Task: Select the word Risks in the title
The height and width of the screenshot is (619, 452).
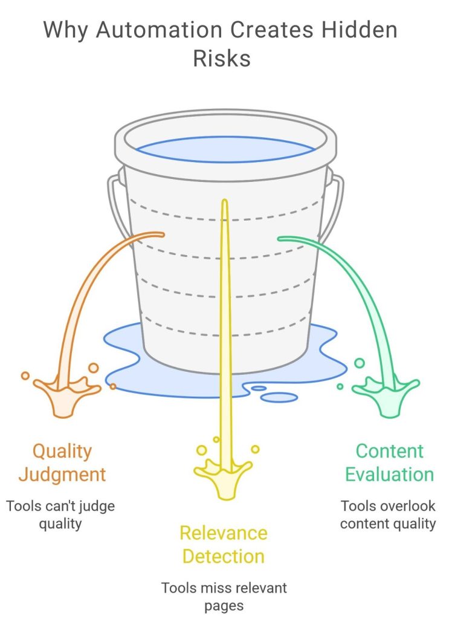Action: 222,59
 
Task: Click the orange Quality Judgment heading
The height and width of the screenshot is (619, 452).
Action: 62,462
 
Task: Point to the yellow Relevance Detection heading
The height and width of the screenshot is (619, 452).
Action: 223,545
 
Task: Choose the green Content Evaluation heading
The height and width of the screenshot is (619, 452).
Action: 389,462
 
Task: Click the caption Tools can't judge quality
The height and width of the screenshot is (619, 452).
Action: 60,514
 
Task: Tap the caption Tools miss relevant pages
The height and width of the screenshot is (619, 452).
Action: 223,596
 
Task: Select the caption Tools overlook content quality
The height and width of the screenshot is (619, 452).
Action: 387,514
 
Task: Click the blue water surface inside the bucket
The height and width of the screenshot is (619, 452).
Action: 225,149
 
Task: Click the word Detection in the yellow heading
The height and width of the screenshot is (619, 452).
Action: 223,556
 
